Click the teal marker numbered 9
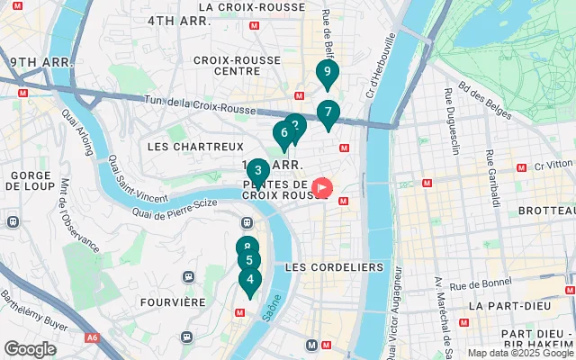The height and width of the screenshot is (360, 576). point(328,73)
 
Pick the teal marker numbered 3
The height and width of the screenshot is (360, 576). point(257,171)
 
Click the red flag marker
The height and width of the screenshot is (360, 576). point(322,188)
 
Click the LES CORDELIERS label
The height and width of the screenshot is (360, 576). point(333,267)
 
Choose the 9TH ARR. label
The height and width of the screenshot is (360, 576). point(40,62)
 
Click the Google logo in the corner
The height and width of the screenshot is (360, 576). point(31,349)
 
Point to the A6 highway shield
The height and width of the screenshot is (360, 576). point(91,338)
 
